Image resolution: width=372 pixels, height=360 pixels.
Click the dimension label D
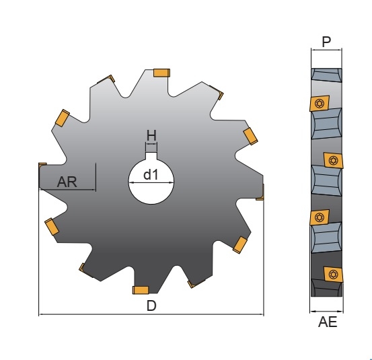151,305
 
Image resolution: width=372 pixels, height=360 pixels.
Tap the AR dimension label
67,182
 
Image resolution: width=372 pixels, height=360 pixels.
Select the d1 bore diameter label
151,175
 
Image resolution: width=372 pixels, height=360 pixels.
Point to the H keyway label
151,136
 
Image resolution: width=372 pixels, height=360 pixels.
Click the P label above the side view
326,42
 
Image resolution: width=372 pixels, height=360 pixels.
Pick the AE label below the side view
328,322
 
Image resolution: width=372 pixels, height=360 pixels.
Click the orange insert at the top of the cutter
161,73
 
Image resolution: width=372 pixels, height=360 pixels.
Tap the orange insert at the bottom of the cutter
141,290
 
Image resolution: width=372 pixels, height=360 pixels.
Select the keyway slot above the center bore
151,155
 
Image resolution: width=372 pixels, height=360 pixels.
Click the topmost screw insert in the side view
320,103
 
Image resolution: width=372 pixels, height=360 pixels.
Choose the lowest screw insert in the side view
334,275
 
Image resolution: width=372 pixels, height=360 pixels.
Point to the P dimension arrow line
326,50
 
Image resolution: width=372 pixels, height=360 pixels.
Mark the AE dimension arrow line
326,311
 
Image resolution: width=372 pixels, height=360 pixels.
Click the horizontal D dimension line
151,314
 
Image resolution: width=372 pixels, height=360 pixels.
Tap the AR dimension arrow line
67,189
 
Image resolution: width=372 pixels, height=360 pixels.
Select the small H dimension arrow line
151,143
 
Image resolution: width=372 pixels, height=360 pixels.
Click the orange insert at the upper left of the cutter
62,118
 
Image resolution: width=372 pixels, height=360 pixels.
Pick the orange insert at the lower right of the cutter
240,245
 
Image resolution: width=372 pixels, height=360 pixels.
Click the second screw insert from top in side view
334,160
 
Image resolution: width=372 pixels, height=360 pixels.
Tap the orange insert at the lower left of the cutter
52,227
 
